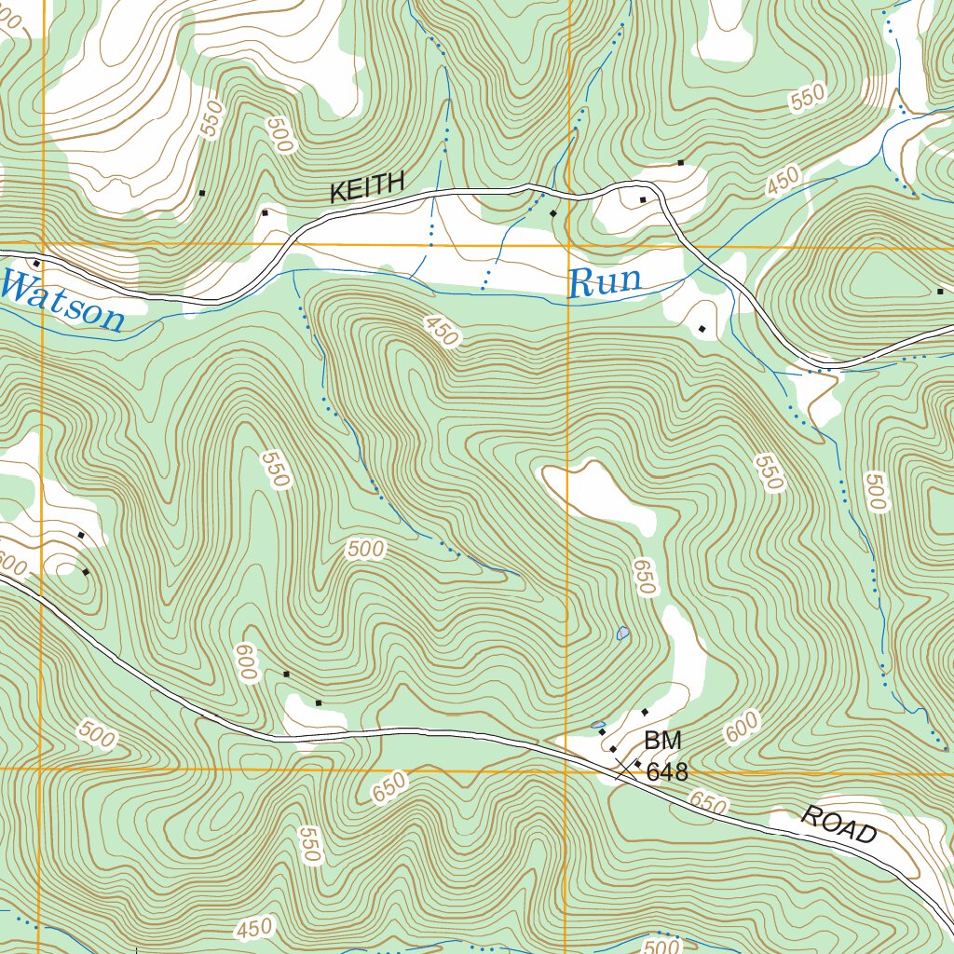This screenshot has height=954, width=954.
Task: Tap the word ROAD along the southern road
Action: pyautogui.click(x=838, y=825)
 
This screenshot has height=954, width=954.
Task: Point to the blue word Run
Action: pyautogui.click(x=606, y=280)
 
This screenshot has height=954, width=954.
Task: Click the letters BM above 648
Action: pyautogui.click(x=662, y=741)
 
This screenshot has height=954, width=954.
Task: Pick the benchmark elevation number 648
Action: pyautogui.click(x=667, y=771)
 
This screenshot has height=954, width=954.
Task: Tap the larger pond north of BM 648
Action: pyautogui.click(x=622, y=634)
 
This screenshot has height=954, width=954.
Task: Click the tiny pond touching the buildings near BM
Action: pyautogui.click(x=597, y=724)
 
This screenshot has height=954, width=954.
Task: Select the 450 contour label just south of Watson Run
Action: pyautogui.click(x=441, y=331)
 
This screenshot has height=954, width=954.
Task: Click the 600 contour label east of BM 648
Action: pyautogui.click(x=743, y=728)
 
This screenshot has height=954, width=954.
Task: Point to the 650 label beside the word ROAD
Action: pyautogui.click(x=709, y=803)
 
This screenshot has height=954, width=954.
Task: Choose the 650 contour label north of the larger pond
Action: pyautogui.click(x=644, y=577)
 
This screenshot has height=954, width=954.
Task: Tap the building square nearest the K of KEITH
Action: pyautogui.click(x=265, y=212)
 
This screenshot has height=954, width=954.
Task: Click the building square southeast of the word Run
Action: pyautogui.click(x=702, y=328)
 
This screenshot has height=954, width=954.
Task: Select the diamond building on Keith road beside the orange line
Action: pyautogui.click(x=553, y=214)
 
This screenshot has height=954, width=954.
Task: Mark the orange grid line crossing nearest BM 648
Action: pyautogui.click(x=566, y=770)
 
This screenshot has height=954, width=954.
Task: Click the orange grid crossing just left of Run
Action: pyautogui.click(x=567, y=247)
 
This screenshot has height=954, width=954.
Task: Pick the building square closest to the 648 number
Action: pyautogui.click(x=637, y=763)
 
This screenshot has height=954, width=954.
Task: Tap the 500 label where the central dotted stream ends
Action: pyautogui.click(x=364, y=550)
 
